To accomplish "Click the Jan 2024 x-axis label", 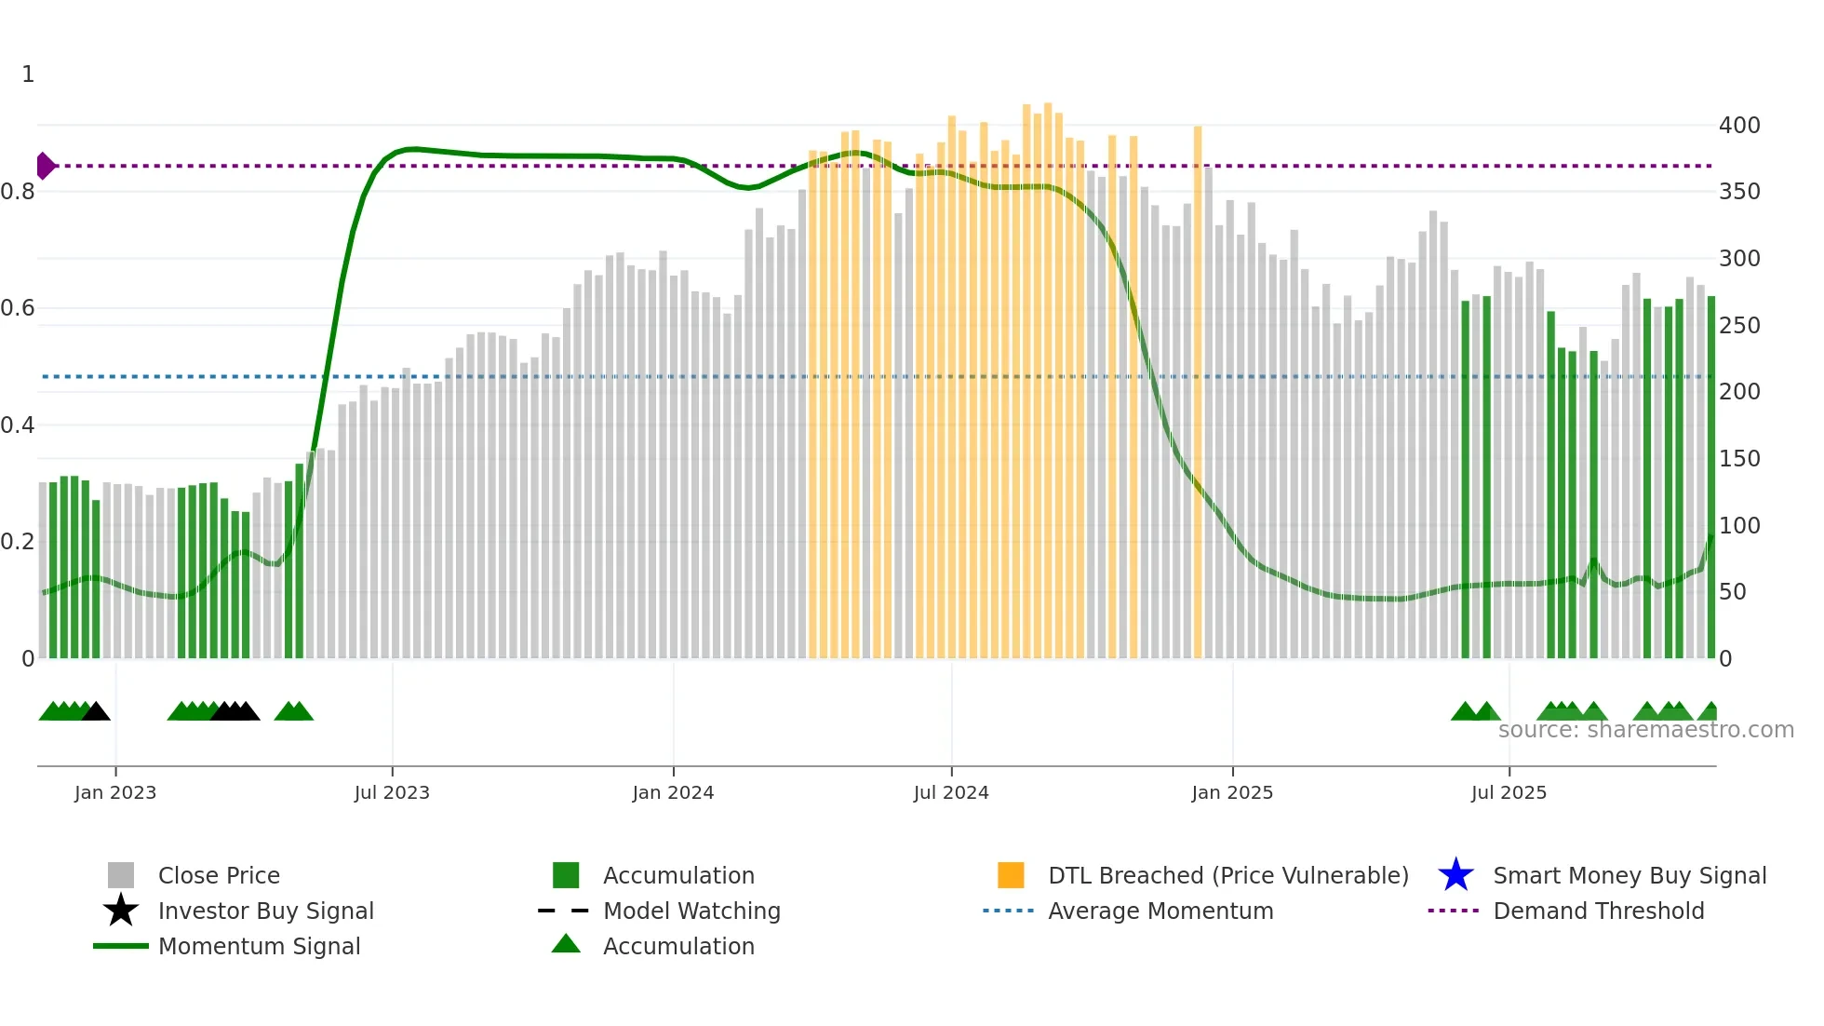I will click(673, 792).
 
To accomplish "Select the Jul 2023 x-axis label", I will click(392, 792).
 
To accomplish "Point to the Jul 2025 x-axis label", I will click(1509, 792).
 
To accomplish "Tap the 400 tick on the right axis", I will click(1738, 125).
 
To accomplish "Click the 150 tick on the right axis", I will click(1738, 458).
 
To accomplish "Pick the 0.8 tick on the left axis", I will click(18, 192).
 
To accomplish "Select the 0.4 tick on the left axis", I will click(18, 425).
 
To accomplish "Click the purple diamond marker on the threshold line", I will click(45, 166).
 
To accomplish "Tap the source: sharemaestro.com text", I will click(1645, 730).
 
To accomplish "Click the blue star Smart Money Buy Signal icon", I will click(1455, 875).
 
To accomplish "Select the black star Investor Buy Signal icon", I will click(121, 911).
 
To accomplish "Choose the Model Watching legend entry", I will click(691, 911).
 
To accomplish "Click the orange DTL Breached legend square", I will click(1011, 875).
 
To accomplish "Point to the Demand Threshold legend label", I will click(1598, 911).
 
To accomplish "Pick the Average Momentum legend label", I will click(1160, 911).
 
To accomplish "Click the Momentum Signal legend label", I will click(259, 946).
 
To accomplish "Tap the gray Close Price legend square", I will click(121, 875).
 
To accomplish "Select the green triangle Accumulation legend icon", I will click(566, 944).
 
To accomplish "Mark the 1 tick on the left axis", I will click(28, 74).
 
